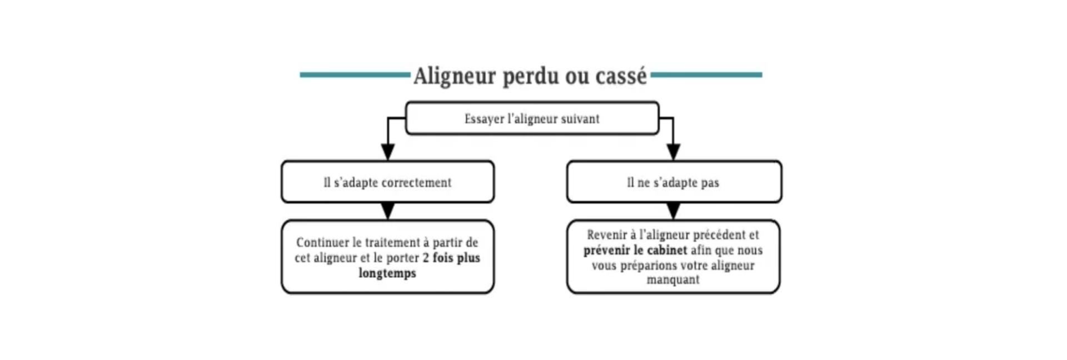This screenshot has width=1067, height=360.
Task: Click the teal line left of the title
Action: tap(355, 74)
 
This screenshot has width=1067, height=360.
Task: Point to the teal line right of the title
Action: tap(706, 74)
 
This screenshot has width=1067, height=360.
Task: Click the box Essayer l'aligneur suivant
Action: tap(532, 118)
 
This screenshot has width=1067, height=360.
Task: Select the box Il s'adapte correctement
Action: tap(388, 182)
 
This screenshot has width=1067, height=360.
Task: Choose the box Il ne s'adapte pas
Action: tap(674, 182)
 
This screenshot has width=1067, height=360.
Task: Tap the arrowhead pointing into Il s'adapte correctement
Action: tap(388, 152)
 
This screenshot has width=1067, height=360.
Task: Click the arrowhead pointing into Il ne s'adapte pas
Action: tap(674, 152)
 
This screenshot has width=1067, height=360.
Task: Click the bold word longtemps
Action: tap(387, 273)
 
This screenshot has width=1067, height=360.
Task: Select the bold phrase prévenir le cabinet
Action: tap(635, 250)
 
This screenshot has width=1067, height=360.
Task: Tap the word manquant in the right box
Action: tap(673, 279)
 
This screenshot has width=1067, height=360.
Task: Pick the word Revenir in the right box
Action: tap(606, 235)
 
